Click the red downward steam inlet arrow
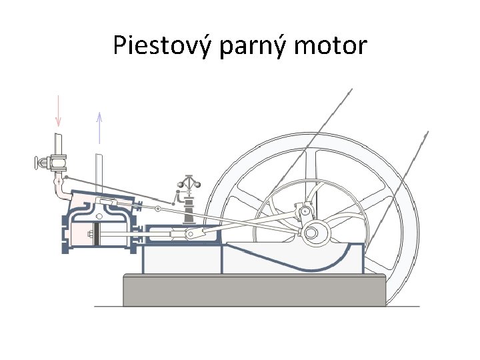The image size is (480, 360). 58,110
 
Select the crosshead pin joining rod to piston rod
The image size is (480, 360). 191,234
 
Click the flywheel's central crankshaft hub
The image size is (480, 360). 311,233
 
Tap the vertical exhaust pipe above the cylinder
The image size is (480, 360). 99,172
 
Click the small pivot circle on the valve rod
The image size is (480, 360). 157,209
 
